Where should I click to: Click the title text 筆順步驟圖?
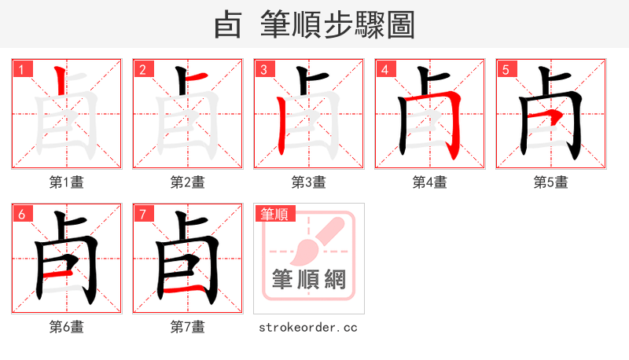(338, 25)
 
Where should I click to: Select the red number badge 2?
(143, 69)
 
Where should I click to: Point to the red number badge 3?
(264, 69)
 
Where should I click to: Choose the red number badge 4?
(385, 69)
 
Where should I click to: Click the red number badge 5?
(506, 69)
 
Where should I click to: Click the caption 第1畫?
(67, 182)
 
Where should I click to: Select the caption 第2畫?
(188, 182)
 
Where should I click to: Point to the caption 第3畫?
(309, 182)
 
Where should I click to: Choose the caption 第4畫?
(430, 182)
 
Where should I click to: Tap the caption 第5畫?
(551, 182)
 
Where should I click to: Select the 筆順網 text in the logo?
(308, 279)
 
